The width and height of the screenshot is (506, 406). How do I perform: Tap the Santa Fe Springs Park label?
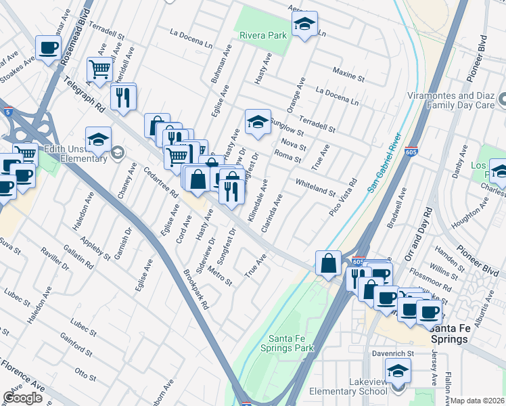[291, 343]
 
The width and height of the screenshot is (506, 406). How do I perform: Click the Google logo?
[22, 398]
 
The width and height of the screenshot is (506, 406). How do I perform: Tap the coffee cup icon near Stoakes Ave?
[49, 48]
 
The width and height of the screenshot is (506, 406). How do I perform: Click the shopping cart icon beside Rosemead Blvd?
[99, 69]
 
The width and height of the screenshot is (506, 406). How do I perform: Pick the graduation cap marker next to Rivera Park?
[305, 25]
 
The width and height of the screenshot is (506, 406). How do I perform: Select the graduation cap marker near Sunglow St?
[258, 122]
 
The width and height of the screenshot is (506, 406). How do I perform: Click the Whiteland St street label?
[315, 187]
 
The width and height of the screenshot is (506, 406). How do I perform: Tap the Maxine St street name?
[348, 74]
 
